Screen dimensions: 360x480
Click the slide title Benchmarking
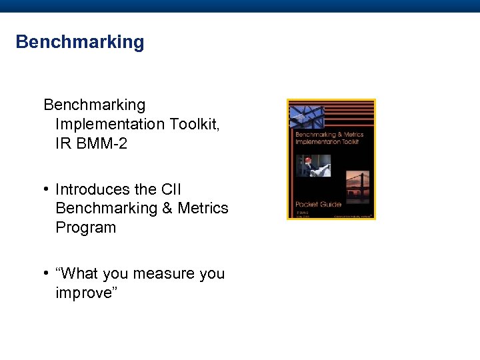[79, 42]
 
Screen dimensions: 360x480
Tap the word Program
[85, 227]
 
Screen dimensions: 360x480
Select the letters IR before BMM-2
[63, 143]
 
